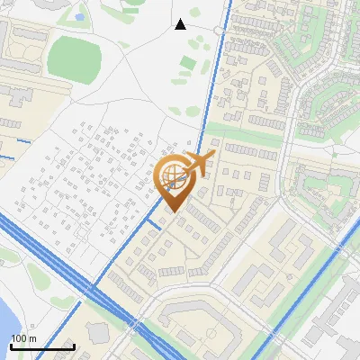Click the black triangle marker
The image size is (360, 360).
180,24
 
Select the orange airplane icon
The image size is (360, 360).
201,164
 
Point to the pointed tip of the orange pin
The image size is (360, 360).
174,211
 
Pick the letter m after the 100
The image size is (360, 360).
32,338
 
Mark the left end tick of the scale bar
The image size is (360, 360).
11,346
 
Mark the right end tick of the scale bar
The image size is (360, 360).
74,346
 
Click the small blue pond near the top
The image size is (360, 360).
79,16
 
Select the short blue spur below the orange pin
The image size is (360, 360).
155,222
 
